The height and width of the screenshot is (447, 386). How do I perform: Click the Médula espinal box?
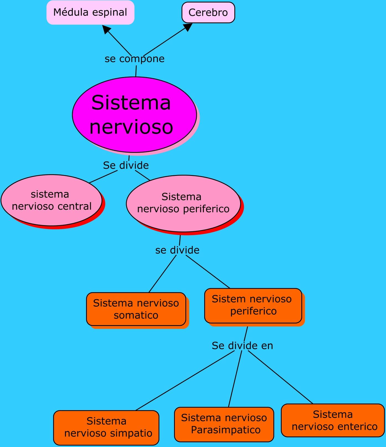[x=90, y=12]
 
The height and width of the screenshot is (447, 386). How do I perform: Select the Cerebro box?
[x=208, y=12]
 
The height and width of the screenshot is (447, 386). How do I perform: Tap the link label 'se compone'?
[x=134, y=59]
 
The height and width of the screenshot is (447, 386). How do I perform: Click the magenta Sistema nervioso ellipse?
[x=134, y=115]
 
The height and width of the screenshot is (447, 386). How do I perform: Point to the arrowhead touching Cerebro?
[x=188, y=27]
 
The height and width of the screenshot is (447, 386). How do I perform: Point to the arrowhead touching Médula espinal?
[x=106, y=29]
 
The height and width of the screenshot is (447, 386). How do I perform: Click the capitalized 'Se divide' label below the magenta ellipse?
[x=126, y=165]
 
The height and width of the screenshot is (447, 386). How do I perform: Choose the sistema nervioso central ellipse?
[x=51, y=200]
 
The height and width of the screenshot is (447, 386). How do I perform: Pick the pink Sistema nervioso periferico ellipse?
[x=183, y=203]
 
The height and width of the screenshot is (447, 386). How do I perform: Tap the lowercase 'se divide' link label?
[x=177, y=250]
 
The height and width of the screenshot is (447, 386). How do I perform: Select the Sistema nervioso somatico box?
[x=136, y=309]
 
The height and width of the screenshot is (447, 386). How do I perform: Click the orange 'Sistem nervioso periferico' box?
[x=253, y=305]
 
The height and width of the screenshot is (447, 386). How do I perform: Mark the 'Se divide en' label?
[x=242, y=346]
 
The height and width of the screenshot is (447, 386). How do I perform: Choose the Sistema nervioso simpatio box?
[x=106, y=427]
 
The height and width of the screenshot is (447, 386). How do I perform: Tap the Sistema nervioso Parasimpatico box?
[x=224, y=424]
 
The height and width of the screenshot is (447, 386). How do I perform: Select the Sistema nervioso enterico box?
[x=333, y=420]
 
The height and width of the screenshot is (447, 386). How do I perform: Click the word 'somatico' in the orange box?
[x=136, y=315]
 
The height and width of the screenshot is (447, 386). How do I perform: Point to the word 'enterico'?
[x=357, y=427]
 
